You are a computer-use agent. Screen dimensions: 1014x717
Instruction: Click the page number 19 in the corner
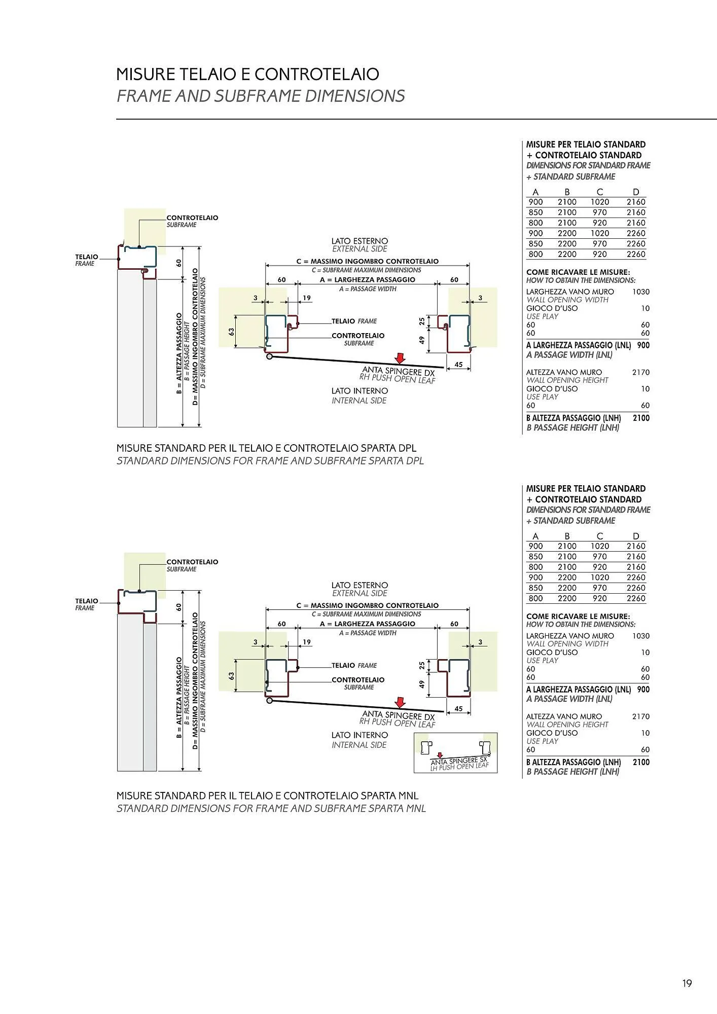[687, 984]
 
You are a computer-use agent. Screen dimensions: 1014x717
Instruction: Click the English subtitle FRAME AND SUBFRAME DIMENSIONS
[261, 96]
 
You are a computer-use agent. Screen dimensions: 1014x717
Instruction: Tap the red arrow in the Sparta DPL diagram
[401, 358]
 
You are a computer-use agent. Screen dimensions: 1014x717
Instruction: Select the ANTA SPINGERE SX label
[458, 760]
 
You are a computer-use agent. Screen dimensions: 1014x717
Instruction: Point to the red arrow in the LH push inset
[440, 755]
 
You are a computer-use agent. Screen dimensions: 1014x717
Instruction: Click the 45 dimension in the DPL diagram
[458, 365]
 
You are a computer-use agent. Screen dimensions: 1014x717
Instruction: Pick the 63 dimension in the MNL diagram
[231, 676]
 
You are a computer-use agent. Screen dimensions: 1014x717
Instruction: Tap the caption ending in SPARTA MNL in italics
[271, 808]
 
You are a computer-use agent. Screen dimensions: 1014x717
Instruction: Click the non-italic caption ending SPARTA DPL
[266, 448]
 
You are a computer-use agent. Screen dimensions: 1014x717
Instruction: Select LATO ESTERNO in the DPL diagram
[360, 241]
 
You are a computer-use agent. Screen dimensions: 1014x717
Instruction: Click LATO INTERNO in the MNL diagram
[360, 735]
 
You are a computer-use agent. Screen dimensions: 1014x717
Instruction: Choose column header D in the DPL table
[636, 192]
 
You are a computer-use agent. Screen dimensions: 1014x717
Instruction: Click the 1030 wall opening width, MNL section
[641, 636]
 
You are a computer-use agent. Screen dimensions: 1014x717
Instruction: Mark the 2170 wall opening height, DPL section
[641, 372]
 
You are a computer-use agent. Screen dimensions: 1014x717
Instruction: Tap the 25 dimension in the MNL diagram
[421, 665]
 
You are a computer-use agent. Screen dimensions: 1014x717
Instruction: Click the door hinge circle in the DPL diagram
[269, 356]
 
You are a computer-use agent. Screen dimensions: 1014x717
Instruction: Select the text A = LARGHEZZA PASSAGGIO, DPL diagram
[367, 280]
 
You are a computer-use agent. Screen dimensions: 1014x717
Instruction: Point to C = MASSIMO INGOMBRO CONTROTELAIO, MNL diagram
[367, 605]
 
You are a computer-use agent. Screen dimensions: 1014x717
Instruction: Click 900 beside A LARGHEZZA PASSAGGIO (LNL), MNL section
[643, 690]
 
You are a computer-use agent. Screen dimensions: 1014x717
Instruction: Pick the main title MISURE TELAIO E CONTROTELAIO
[247, 74]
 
